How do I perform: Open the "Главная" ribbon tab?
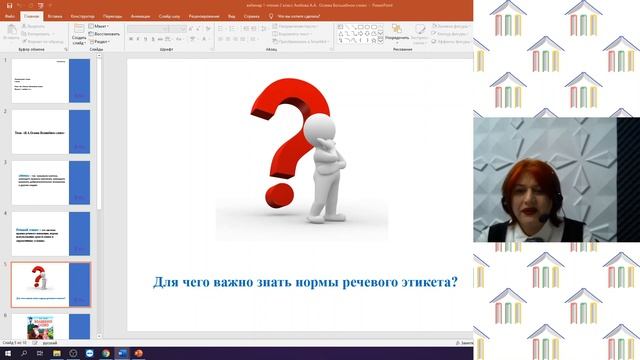pyautogui.click(x=32, y=15)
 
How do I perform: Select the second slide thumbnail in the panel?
pyautogui.click(x=50, y=130)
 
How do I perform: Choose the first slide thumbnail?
pyautogui.click(x=50, y=79)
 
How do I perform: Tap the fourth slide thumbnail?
pyautogui.click(x=50, y=232)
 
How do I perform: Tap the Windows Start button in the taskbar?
pyautogui.click(x=6, y=353)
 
